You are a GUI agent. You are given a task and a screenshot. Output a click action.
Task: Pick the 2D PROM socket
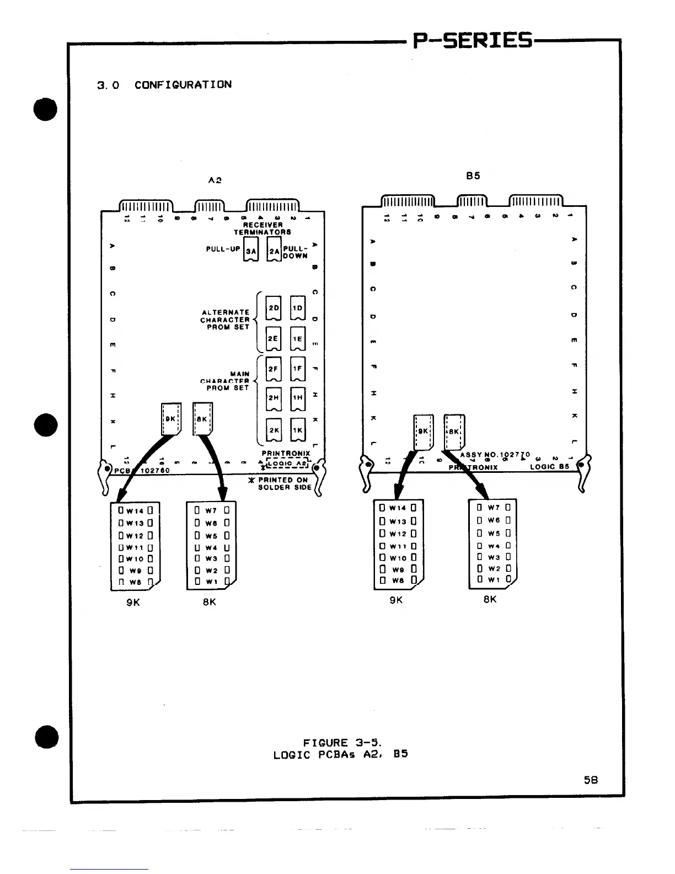[274, 307]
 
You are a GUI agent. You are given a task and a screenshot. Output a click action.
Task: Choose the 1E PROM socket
[297, 339]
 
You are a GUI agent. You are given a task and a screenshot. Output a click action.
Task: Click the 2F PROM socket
[274, 368]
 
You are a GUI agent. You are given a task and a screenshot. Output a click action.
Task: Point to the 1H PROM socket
[297, 397]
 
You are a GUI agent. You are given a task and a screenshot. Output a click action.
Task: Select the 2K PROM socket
[274, 430]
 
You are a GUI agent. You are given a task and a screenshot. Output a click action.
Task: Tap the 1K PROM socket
[297, 430]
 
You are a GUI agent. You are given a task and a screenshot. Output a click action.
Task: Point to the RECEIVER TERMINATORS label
[262, 228]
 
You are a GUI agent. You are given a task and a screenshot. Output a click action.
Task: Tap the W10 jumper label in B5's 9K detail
[398, 558]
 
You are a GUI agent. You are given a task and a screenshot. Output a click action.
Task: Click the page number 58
[591, 780]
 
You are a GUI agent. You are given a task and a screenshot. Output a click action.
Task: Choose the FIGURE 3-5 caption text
[340, 748]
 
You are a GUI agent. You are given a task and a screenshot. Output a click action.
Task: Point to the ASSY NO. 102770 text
[495, 455]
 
